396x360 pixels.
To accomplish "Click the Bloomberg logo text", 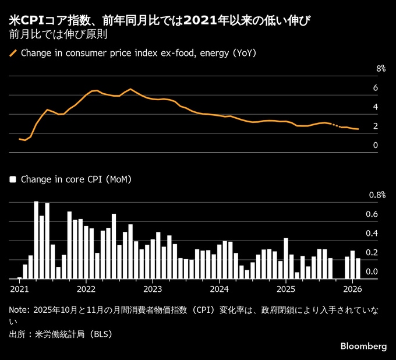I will (363, 346).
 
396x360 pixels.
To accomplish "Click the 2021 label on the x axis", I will (19, 289).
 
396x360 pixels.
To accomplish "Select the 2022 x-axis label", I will (86, 289).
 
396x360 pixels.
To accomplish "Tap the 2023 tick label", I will (153, 289).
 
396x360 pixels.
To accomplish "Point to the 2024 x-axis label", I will (219, 289).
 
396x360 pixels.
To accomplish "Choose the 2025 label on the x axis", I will (286, 289).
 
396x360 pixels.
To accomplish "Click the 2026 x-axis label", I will (352, 289).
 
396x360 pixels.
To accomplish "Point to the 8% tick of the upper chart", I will (381, 69).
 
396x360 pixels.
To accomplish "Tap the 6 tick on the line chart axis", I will (376, 88).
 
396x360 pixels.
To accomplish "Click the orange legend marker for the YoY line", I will (13, 53).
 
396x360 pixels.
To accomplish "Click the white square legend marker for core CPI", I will (13, 179).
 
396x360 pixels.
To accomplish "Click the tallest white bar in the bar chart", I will (36, 239).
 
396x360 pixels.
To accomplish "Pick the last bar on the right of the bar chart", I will (358, 269).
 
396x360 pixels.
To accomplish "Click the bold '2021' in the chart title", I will (199, 21).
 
